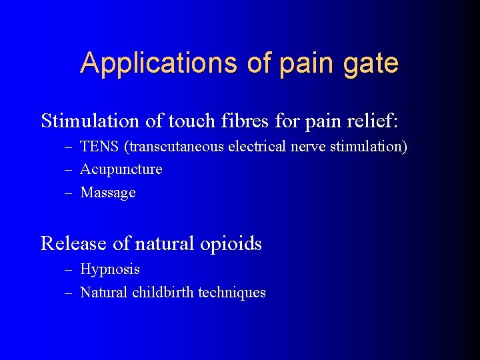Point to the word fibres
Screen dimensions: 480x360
tap(222, 121)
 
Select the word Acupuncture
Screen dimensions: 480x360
tap(121, 169)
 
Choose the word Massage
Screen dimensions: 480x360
tap(107, 193)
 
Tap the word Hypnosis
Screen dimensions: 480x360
tap(109, 269)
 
